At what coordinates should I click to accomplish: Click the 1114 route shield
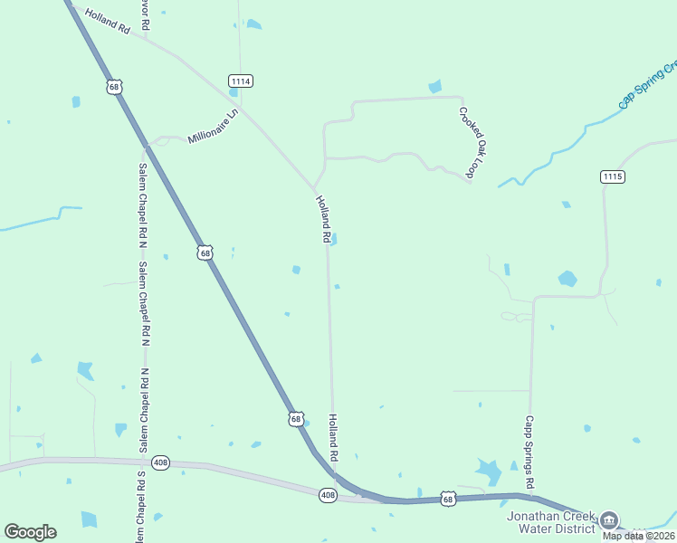[240, 81]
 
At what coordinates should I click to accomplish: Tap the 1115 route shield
[612, 176]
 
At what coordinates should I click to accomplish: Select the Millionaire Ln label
[212, 127]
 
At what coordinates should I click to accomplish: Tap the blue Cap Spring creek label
[648, 85]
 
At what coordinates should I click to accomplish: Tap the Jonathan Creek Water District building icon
[610, 520]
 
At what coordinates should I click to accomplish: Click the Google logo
[30, 532]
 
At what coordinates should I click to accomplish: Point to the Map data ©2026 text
[639, 536]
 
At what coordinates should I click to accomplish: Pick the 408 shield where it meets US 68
[329, 494]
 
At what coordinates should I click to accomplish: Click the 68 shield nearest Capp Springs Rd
[448, 499]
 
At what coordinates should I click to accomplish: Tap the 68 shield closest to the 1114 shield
[113, 87]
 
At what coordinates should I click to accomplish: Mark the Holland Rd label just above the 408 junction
[333, 435]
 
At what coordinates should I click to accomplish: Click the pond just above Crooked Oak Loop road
[435, 87]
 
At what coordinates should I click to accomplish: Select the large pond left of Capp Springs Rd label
[489, 472]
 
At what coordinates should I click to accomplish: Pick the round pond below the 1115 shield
[567, 278]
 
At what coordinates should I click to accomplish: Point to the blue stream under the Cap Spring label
[579, 136]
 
